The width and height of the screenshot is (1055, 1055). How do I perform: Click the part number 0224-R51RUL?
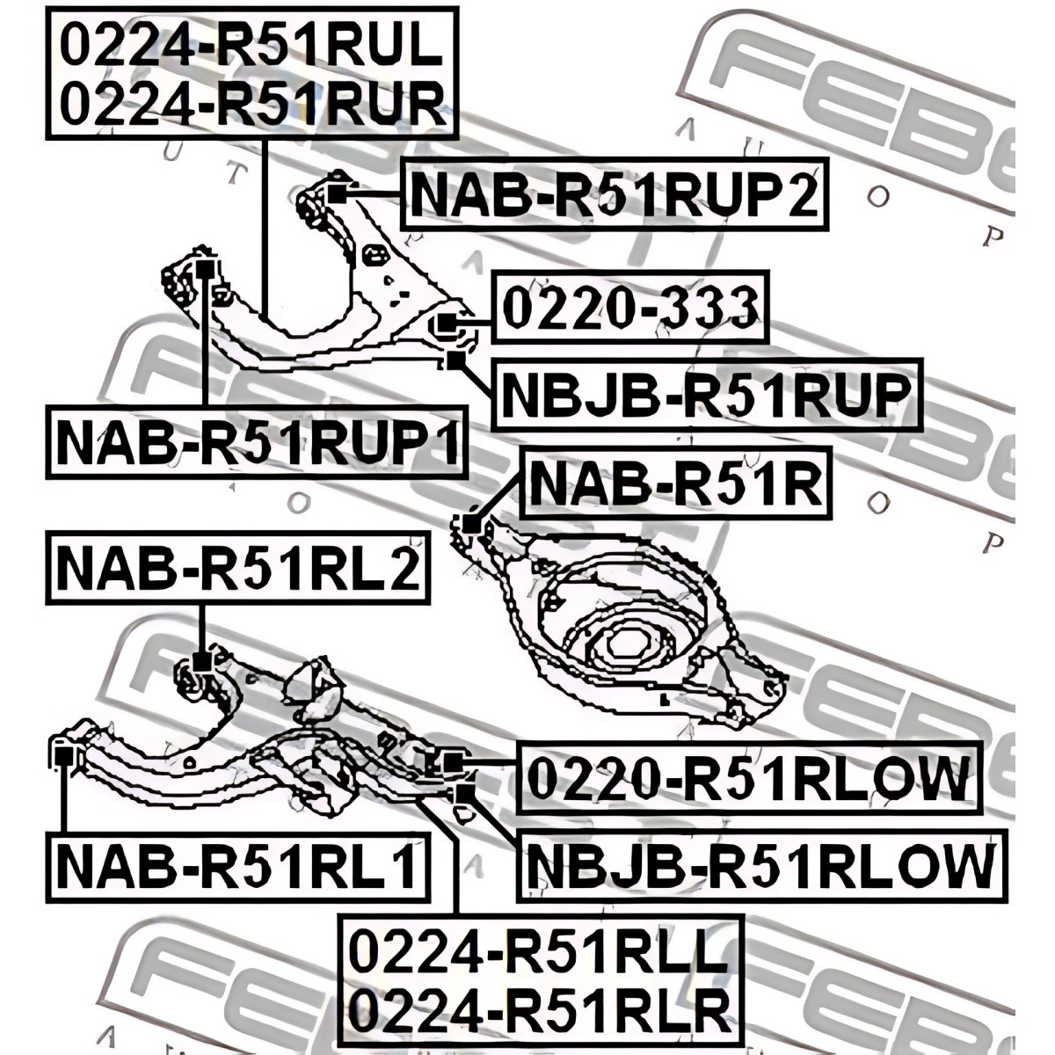pos(251,46)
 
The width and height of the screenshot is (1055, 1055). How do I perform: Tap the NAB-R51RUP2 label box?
pos(615,195)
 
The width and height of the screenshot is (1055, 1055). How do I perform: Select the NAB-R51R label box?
pos(676,484)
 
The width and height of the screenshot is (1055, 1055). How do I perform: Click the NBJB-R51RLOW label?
pos(760,865)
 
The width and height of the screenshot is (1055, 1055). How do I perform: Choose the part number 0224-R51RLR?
pos(540,1011)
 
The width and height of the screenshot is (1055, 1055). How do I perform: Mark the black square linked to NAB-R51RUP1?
pos(203,267)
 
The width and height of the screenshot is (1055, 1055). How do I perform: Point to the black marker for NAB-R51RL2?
pos(202,659)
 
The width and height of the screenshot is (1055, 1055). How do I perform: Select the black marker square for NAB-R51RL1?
pos(62,754)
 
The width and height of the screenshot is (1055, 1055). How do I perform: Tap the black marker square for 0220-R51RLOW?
pos(452,761)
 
